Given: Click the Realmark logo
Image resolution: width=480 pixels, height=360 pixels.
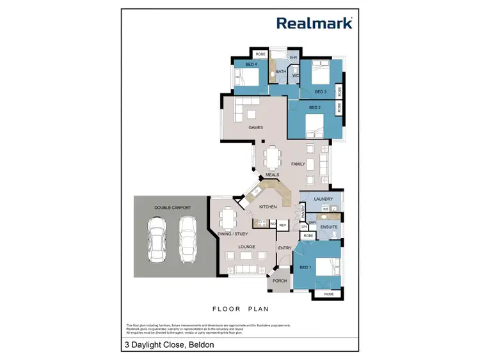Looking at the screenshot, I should pyautogui.click(x=315, y=23).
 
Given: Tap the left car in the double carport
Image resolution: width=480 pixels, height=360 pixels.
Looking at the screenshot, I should pyautogui.click(x=156, y=240).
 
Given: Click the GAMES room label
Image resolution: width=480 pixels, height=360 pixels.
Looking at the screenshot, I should pyautogui.click(x=256, y=127).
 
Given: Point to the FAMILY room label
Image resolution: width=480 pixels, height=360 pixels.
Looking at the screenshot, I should pyautogui.click(x=298, y=164).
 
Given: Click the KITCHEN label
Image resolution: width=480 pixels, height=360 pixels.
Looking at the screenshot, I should pyautogui.click(x=267, y=207).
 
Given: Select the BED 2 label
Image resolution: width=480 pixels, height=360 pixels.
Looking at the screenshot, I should pyautogui.click(x=315, y=107).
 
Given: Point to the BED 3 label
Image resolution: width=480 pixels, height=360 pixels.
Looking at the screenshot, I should pyautogui.click(x=321, y=91).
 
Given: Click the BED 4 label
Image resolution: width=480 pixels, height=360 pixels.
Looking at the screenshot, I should pyautogui.click(x=251, y=65).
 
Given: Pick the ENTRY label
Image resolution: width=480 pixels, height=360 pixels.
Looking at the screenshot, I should pyautogui.click(x=284, y=247).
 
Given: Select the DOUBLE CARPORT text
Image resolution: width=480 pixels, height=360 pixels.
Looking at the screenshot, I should pyautogui.click(x=169, y=207).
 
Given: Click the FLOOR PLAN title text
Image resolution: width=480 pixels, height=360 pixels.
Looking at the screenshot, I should pyautogui.click(x=240, y=308).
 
